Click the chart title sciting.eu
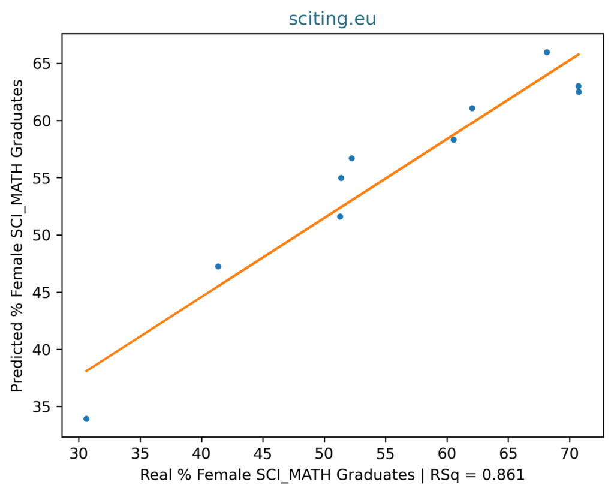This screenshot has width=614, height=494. click(x=332, y=19)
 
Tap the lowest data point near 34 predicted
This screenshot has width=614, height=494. click(x=86, y=419)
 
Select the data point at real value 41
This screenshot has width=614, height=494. click(x=218, y=267)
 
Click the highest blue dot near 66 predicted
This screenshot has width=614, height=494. click(x=547, y=52)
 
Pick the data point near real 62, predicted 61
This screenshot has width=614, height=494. click(x=472, y=108)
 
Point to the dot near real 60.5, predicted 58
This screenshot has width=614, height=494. click(x=453, y=140)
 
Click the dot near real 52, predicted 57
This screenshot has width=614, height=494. click(x=351, y=158)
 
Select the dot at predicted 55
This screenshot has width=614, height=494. click(x=341, y=178)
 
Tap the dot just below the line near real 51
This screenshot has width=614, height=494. click(x=340, y=216)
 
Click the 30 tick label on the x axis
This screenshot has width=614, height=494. click(x=79, y=453)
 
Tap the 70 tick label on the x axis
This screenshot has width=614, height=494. click(x=570, y=453)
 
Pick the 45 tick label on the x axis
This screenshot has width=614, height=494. click(x=263, y=453)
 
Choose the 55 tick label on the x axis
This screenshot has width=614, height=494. click(x=386, y=453)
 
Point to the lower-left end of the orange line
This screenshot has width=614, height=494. click(x=86, y=371)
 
